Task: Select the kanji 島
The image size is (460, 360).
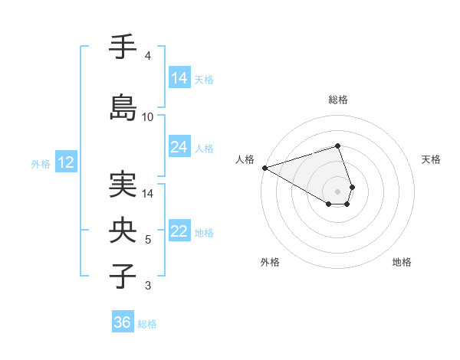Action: click(123, 107)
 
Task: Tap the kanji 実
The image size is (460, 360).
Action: click(123, 185)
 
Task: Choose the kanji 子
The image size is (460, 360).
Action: click(123, 276)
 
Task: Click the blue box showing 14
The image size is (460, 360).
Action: click(179, 78)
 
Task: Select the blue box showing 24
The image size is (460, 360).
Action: click(179, 147)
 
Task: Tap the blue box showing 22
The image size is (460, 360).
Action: click(179, 232)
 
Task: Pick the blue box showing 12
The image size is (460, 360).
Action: click(65, 162)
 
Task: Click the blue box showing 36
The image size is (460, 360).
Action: click(123, 322)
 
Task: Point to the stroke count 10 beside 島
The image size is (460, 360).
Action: click(148, 117)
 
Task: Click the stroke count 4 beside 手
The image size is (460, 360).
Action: click(148, 56)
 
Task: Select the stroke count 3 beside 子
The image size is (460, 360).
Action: click(148, 286)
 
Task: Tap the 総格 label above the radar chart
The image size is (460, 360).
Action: click(337, 100)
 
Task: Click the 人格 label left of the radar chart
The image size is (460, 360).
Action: click(245, 159)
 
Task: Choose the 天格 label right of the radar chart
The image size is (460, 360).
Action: click(432, 159)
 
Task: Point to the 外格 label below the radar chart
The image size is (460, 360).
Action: click(270, 262)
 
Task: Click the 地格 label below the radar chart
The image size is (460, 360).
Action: click(402, 262)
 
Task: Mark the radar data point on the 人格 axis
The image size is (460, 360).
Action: click(264, 168)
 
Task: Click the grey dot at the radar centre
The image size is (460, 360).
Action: click(337, 191)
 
